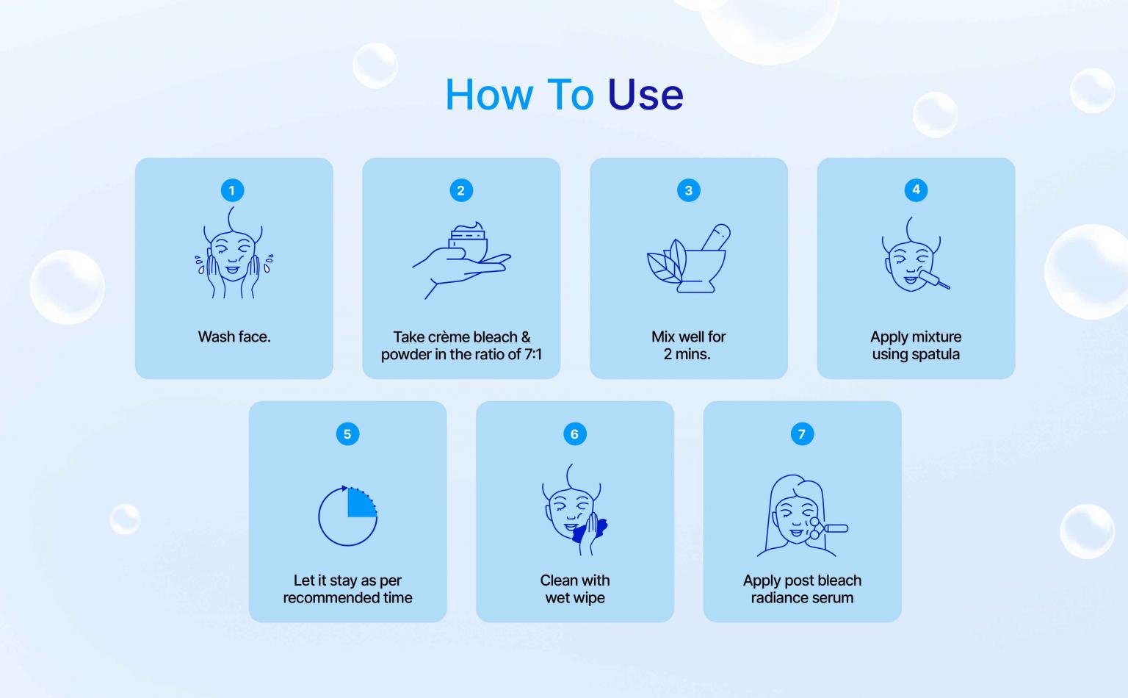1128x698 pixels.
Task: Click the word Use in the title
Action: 646,94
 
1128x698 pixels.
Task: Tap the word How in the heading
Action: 489,94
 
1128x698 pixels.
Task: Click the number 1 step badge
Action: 232,190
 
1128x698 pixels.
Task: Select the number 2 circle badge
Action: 460,190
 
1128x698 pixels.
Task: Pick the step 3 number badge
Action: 688,190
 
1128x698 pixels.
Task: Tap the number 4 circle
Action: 916,190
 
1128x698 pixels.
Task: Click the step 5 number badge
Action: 347,434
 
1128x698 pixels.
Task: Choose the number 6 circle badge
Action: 574,434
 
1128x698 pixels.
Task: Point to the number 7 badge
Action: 802,434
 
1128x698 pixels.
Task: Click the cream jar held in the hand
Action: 468,242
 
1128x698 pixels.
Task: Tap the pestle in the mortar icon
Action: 716,237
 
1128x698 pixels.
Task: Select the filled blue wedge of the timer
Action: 361,503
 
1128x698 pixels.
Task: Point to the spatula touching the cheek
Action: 935,280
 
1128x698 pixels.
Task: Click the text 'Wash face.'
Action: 234,337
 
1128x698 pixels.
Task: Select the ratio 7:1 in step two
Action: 532,354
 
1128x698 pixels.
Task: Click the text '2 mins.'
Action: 687,354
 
